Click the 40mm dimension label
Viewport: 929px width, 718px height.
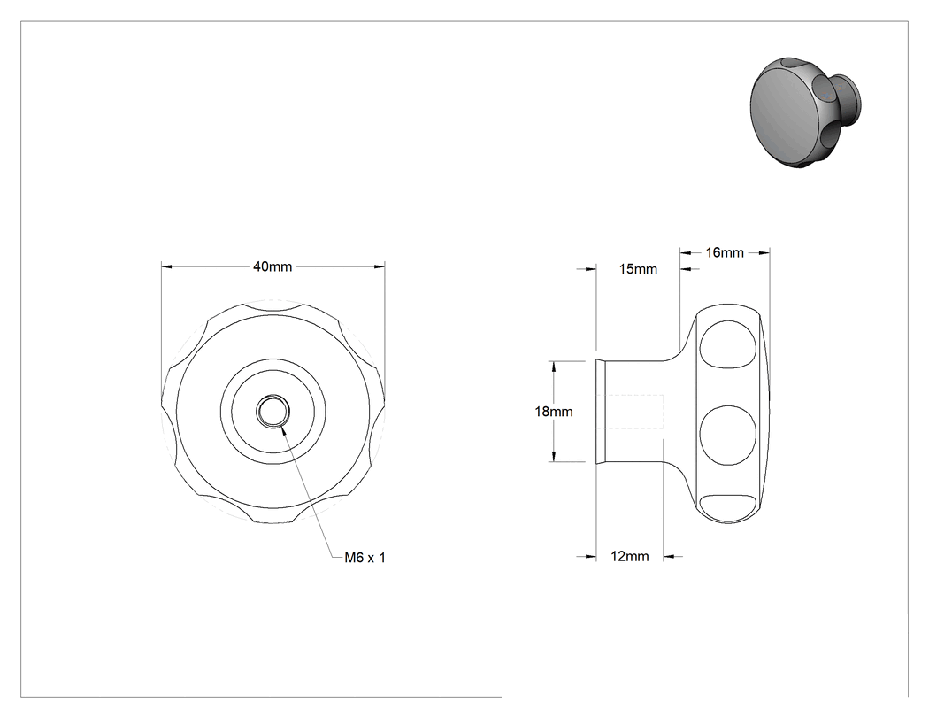273,266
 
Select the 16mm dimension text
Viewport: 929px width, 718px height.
725,252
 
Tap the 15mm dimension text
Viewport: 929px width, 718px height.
638,269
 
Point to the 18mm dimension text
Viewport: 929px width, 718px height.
554,412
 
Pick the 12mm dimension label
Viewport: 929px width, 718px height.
630,556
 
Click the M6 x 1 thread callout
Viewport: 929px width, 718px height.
365,558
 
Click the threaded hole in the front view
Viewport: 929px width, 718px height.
273,411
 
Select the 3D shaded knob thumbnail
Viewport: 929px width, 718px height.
806,112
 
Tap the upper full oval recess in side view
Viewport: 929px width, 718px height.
728,344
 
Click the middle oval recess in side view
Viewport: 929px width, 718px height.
728,435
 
